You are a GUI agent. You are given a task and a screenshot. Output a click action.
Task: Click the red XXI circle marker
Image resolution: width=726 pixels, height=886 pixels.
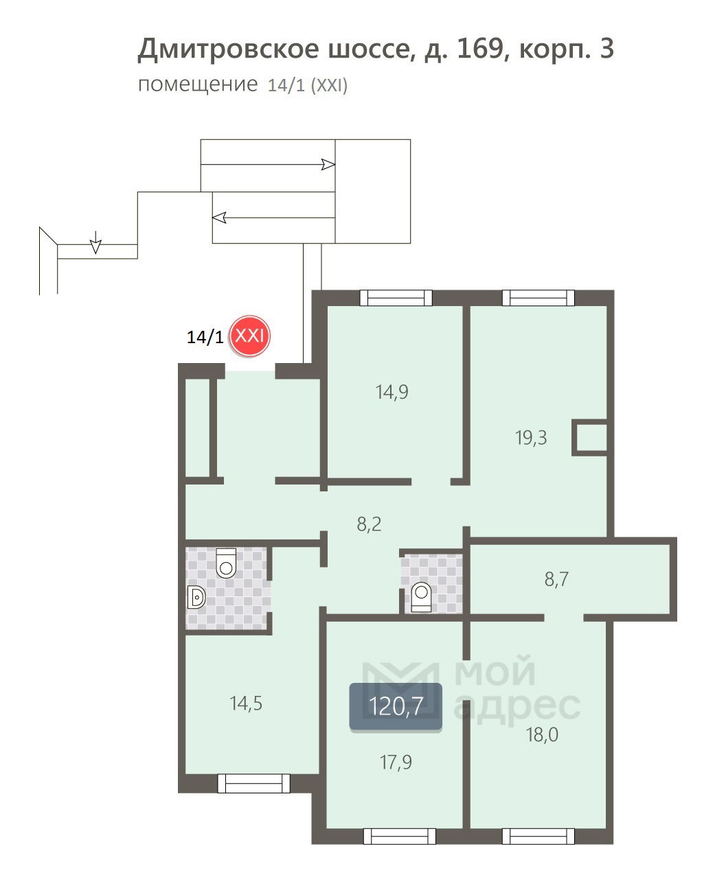pyautogui.click(x=249, y=336)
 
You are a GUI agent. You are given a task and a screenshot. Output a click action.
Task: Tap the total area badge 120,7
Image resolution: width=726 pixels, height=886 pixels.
pyautogui.click(x=396, y=706)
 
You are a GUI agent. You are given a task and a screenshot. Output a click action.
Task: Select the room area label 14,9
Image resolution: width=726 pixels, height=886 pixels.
pyautogui.click(x=392, y=392)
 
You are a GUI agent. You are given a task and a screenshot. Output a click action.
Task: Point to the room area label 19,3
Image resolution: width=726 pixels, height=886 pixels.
pyautogui.click(x=531, y=438)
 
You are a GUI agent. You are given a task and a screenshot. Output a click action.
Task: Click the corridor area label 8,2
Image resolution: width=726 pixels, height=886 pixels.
pyautogui.click(x=369, y=524)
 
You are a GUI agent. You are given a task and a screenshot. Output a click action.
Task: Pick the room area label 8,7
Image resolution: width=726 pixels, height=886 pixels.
pyautogui.click(x=556, y=579)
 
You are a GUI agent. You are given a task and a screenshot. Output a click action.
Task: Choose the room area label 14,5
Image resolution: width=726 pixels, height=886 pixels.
pyautogui.click(x=246, y=703)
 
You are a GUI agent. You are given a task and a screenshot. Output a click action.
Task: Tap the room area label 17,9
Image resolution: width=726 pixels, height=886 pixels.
pyautogui.click(x=396, y=762)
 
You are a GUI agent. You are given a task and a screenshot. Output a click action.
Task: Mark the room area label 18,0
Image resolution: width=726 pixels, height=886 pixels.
pyautogui.click(x=542, y=735)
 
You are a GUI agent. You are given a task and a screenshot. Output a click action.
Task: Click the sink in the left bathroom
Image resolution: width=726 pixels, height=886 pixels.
pyautogui.click(x=196, y=597)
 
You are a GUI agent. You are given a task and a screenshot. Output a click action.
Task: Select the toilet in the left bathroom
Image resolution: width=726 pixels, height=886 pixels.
pyautogui.click(x=226, y=563)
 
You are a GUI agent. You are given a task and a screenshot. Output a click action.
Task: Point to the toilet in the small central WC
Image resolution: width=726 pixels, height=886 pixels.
pyautogui.click(x=421, y=597)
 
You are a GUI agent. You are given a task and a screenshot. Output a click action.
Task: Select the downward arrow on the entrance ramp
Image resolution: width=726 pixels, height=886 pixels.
pyautogui.click(x=96, y=242)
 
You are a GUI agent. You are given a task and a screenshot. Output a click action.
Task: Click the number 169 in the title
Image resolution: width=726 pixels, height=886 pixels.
pyautogui.click(x=479, y=48)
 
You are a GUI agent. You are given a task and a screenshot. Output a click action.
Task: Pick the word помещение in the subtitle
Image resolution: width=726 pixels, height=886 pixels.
pyautogui.click(x=198, y=84)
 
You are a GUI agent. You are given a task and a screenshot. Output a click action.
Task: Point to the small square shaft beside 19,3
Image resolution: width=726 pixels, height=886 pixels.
pyautogui.click(x=590, y=437)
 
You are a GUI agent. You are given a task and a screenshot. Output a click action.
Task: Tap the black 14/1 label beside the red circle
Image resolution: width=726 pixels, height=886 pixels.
pyautogui.click(x=205, y=338)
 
